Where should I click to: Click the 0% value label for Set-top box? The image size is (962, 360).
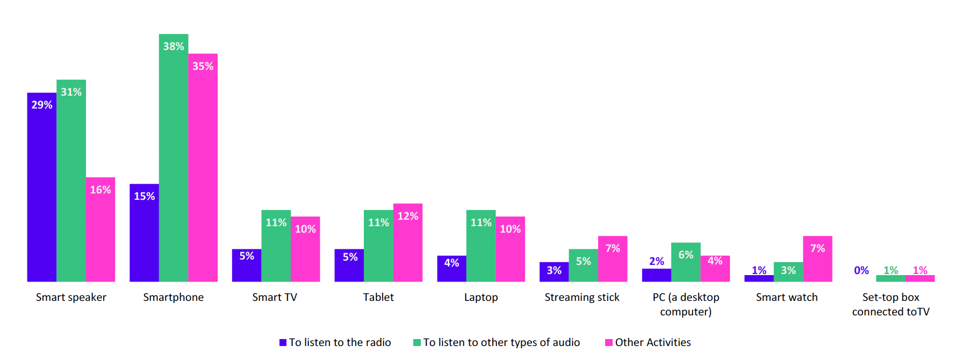coord(861,270)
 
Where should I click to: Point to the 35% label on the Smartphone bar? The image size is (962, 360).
coord(203,66)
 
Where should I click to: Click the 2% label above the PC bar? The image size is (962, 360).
coord(656,261)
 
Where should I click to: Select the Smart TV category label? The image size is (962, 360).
coord(275,297)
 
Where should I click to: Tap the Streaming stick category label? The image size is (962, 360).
coord(581,297)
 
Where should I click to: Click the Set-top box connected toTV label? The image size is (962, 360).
coord(891,304)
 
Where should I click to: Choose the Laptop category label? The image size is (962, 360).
coord(481,297)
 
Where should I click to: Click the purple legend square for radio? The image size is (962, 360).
coord(283,343)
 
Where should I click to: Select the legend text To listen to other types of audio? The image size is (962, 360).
coord(501,342)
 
